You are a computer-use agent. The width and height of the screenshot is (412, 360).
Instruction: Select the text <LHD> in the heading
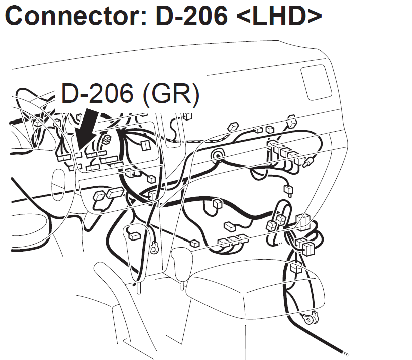pyautogui.click(x=279, y=16)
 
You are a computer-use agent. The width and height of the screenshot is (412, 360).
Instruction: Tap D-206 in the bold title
pyautogui.click(x=191, y=16)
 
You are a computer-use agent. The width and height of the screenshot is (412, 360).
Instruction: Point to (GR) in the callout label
pyautogui.click(x=171, y=93)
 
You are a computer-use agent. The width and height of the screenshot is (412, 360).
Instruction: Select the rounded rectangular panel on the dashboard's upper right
pyautogui.click(x=317, y=82)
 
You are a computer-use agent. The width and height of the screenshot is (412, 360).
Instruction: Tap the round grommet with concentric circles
pyautogui.click(x=218, y=155)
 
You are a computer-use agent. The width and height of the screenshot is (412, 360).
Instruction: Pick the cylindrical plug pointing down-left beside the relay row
pyautogui.click(x=310, y=161)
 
